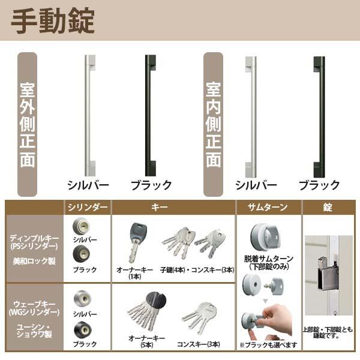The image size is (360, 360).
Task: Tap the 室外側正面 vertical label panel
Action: pos(28,124)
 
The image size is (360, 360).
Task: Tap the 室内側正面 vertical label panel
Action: pos(214,124)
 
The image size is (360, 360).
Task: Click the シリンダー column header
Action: pos(88,208)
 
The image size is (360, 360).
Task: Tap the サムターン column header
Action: pos(268,208)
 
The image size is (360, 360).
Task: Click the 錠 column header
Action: pos(328,208)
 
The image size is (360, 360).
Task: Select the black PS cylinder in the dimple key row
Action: pos(79,254)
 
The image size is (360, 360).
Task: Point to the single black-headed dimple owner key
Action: pos(139,240)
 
